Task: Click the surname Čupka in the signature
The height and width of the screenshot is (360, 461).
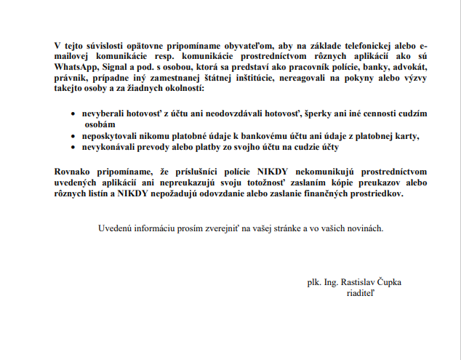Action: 406,281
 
